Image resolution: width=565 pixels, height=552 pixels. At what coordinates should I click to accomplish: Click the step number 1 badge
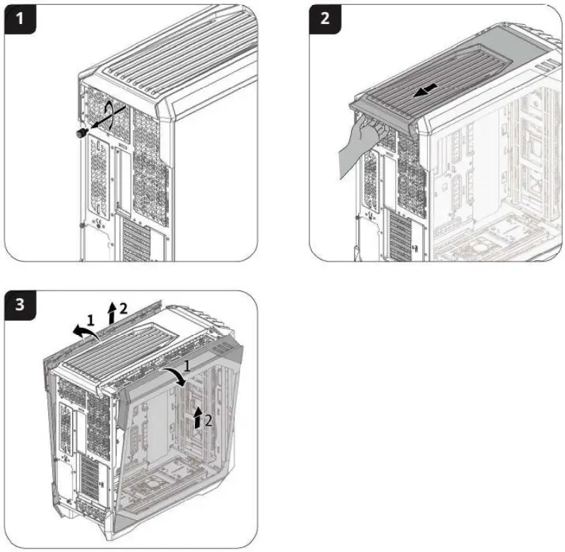pos(19,19)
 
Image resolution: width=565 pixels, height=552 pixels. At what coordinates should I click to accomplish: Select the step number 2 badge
pos(325,19)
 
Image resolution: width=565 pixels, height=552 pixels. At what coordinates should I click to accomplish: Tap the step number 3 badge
pos(19,306)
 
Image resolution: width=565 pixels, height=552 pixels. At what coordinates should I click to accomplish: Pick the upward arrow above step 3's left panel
pos(111,311)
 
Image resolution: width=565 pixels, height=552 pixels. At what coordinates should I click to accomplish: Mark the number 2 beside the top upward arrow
pos(123,307)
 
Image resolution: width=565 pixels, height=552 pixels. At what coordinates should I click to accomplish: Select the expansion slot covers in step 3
pos(92,481)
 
